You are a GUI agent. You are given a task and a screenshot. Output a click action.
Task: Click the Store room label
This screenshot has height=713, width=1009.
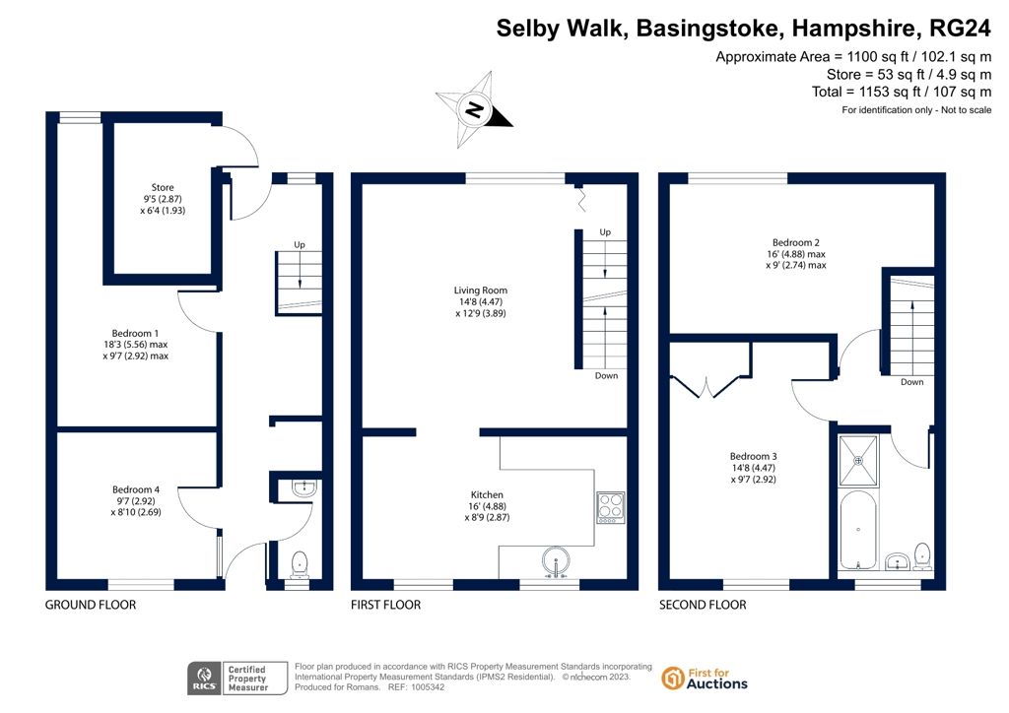tap(163, 199)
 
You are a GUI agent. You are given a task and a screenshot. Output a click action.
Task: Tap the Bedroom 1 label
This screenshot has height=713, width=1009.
tap(135, 345)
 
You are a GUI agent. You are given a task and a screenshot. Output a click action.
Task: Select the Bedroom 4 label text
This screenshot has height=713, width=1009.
tap(136, 501)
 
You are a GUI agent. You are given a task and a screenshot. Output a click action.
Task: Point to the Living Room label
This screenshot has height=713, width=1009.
tap(481, 301)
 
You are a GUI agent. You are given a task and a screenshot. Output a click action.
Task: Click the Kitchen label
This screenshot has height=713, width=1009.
tap(487, 506)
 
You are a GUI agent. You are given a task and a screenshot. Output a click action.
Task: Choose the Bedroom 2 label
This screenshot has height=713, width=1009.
tap(796, 253)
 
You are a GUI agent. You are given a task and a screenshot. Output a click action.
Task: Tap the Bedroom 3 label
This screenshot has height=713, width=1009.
tap(754, 468)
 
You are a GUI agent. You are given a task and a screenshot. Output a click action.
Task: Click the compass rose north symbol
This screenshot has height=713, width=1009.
tap(475, 110)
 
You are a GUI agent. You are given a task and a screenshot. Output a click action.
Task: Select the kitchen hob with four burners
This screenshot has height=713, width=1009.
tap(611, 507)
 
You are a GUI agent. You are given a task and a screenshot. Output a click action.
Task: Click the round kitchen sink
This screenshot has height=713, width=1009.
tap(556, 560)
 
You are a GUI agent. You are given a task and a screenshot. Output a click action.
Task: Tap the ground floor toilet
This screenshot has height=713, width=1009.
tap(300, 564)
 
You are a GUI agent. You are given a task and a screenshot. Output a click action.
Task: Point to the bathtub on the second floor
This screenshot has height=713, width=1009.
tap(858, 531)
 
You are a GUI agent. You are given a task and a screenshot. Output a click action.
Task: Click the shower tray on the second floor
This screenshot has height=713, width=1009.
tap(858, 461)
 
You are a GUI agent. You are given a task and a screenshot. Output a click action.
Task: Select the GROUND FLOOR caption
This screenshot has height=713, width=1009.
tap(91, 605)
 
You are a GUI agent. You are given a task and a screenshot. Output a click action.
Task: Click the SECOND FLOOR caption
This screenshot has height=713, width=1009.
tap(703, 605)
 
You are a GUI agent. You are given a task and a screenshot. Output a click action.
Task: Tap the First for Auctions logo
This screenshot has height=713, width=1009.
tap(705, 679)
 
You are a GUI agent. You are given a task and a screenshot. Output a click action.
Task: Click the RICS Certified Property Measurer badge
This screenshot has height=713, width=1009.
tap(237, 679)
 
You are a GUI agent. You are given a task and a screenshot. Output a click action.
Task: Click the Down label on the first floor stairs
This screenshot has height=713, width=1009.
tap(606, 375)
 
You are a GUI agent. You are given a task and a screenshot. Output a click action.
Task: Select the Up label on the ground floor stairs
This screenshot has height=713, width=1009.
tap(300, 245)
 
